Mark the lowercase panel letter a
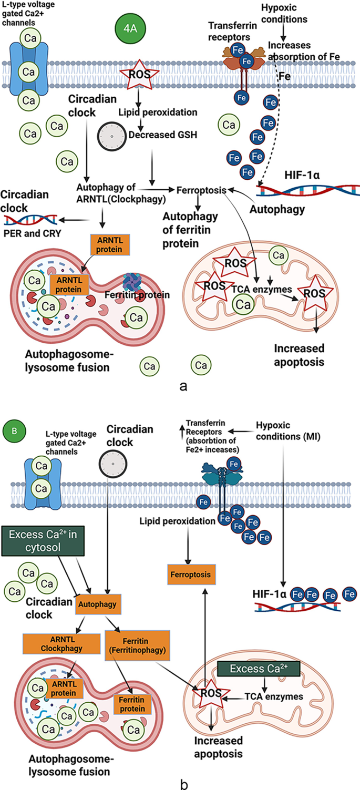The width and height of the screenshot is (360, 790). pos(183,386)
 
